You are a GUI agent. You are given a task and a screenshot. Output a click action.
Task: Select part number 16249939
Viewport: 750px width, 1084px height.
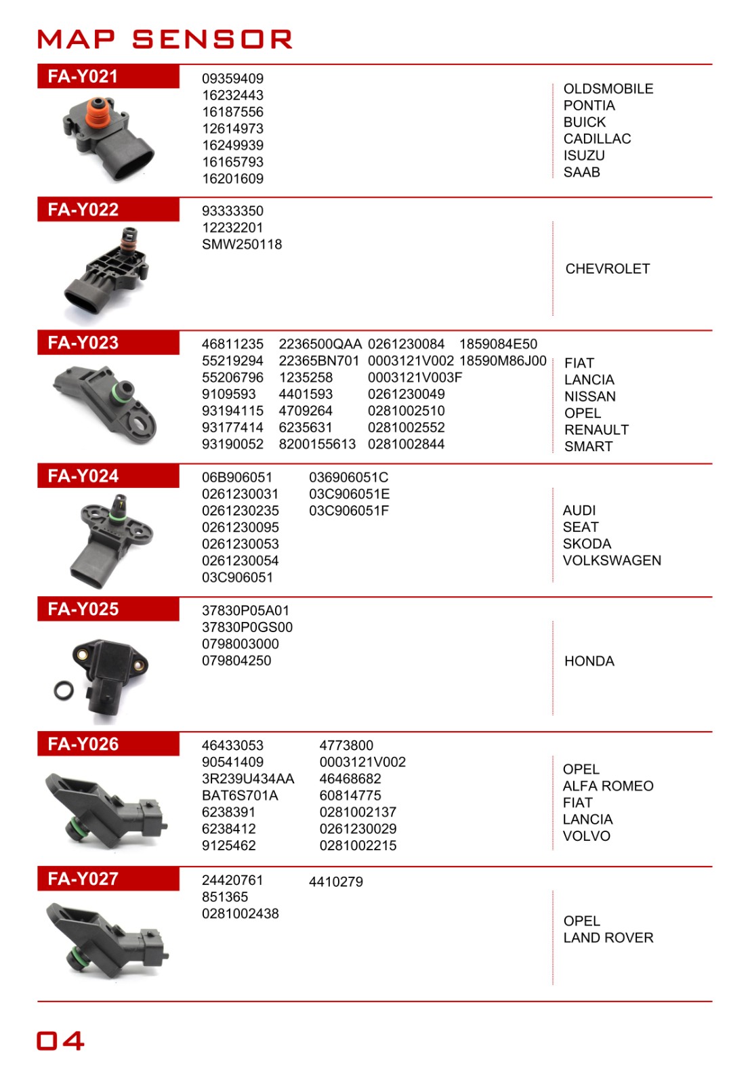(232, 145)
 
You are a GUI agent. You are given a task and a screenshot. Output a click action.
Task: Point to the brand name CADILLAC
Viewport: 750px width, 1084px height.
(597, 139)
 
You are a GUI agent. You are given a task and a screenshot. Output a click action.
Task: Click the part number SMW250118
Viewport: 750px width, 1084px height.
(242, 245)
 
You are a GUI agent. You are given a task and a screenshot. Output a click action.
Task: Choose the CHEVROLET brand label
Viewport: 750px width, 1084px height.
(607, 269)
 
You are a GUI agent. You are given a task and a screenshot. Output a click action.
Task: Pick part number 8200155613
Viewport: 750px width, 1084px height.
(317, 444)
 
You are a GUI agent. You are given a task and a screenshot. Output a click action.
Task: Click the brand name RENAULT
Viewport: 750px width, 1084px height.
(596, 430)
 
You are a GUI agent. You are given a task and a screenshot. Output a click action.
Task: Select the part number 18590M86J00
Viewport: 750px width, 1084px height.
(503, 361)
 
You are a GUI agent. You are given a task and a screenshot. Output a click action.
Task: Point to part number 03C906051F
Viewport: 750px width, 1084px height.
(349, 511)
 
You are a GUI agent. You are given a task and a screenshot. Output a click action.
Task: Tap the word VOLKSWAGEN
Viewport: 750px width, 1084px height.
(612, 560)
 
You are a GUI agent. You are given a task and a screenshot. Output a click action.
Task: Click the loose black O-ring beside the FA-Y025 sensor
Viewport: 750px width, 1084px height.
(65, 690)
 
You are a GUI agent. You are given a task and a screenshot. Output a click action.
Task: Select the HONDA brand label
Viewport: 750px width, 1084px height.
(589, 661)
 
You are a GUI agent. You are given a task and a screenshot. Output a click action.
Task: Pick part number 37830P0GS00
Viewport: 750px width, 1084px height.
(247, 627)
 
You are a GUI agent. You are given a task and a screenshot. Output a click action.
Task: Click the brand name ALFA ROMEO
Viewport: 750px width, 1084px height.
(608, 786)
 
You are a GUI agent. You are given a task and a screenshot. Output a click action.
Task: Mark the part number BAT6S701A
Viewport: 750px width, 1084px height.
(240, 795)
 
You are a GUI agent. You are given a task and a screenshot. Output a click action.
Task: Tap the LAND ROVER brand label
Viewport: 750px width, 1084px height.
(608, 938)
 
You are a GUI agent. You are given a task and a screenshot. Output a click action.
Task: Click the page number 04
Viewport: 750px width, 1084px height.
(61, 1041)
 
